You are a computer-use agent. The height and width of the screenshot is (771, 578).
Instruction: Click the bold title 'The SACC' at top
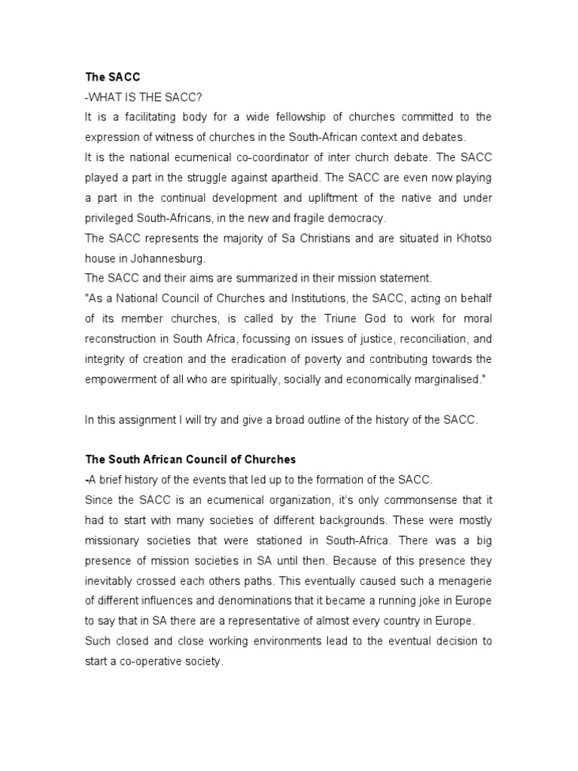pos(108,77)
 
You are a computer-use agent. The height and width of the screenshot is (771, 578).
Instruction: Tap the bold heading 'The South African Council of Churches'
pos(190,459)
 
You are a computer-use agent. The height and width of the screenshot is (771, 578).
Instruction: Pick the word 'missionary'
pos(112,540)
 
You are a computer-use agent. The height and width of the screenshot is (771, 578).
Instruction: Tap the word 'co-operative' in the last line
pos(151,661)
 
